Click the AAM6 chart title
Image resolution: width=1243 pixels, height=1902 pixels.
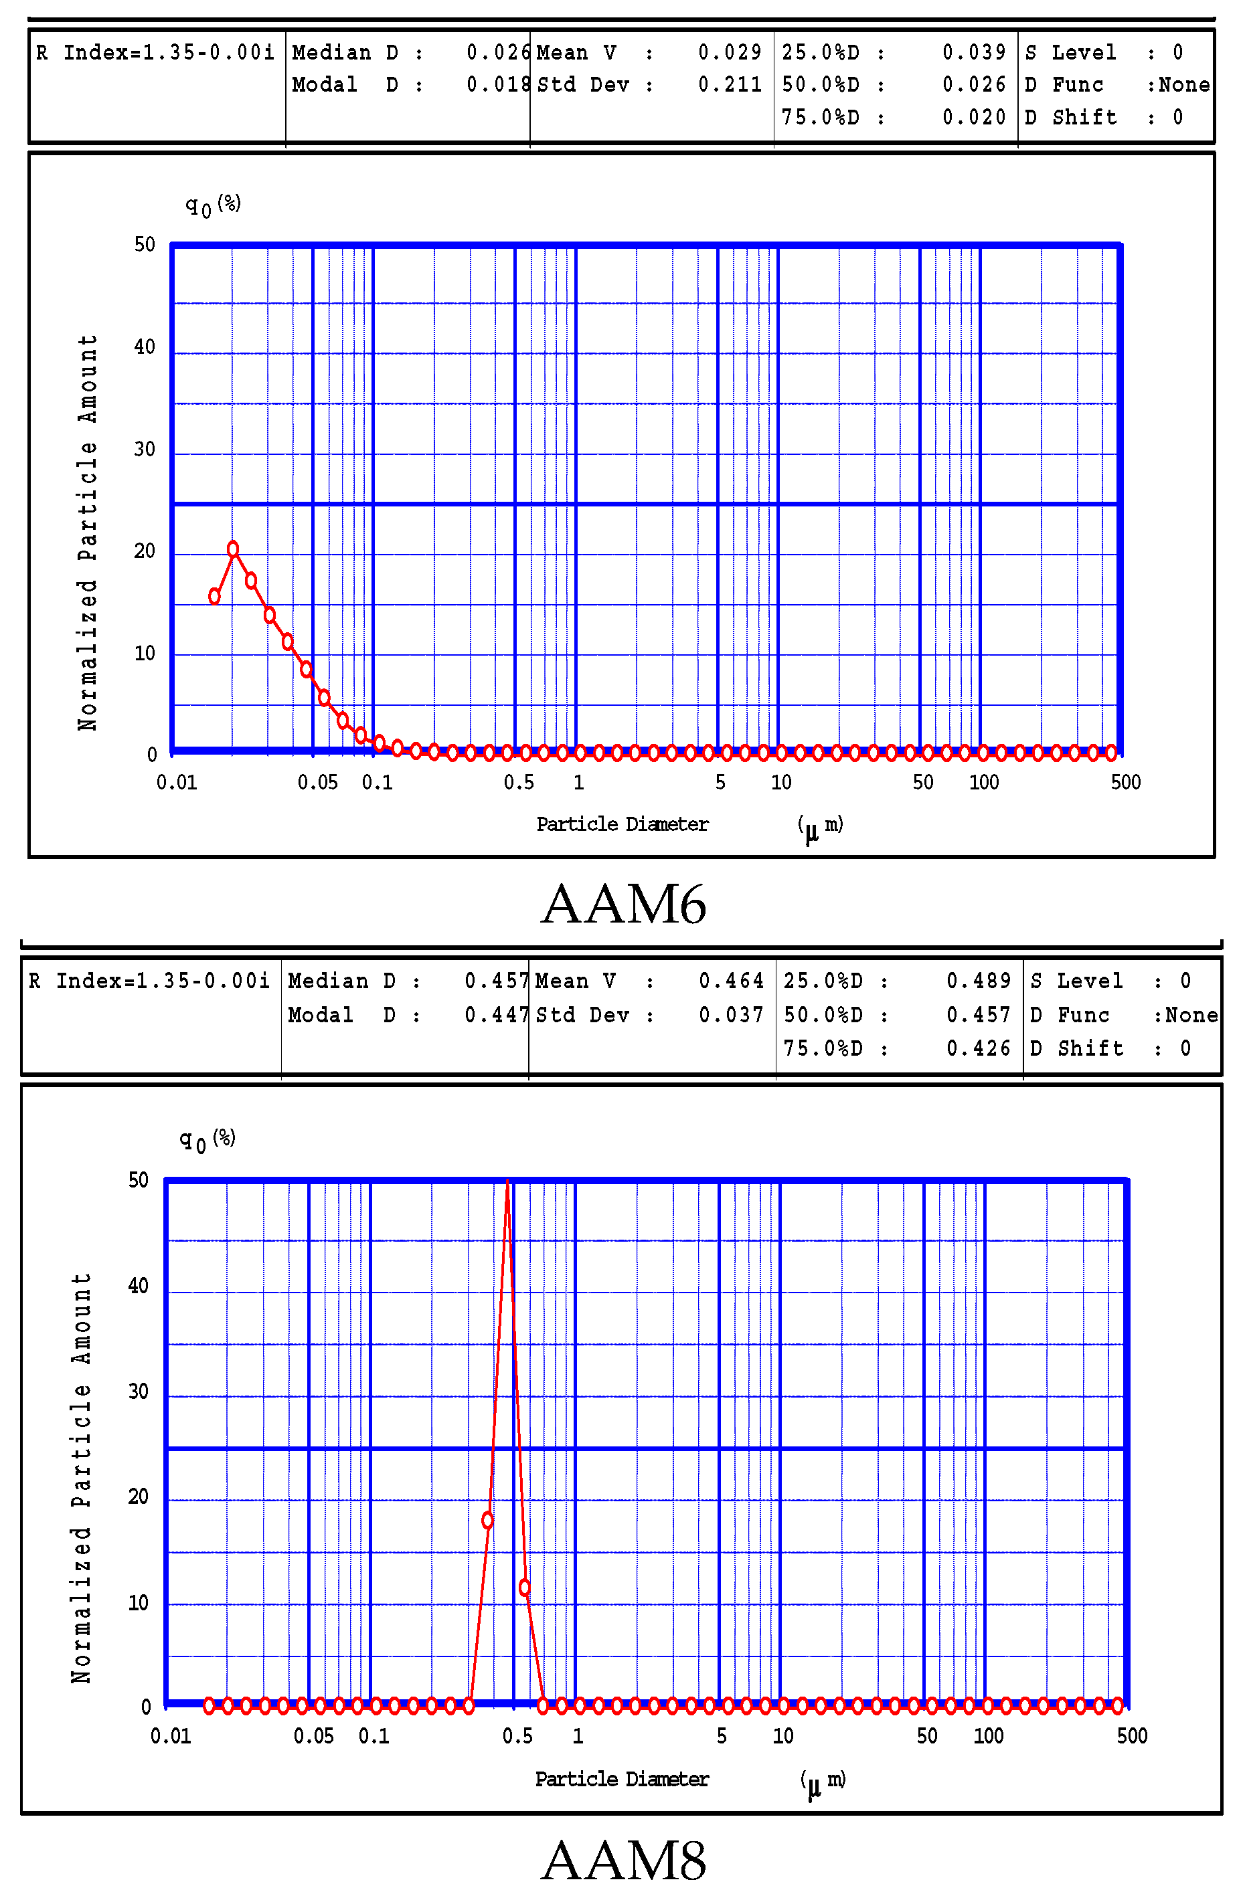(x=623, y=904)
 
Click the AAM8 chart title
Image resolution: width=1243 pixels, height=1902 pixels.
(x=623, y=1861)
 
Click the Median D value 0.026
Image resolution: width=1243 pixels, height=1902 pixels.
(x=498, y=53)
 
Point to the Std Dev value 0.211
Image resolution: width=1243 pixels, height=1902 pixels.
(x=730, y=85)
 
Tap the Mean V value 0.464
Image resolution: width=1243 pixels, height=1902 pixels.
(x=731, y=981)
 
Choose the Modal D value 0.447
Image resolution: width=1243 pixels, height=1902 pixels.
(x=495, y=1015)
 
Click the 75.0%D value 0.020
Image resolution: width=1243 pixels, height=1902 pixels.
(x=974, y=118)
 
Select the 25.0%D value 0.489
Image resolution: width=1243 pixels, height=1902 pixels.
(x=979, y=981)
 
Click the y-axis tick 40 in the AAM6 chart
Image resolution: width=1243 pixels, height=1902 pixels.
(x=145, y=347)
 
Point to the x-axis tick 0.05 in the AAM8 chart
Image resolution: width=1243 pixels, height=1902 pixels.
(x=313, y=1736)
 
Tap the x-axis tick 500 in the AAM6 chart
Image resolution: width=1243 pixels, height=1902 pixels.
(x=1125, y=782)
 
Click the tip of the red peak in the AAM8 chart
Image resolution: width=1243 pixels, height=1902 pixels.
(x=507, y=1182)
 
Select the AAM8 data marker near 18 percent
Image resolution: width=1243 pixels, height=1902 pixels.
(x=487, y=1520)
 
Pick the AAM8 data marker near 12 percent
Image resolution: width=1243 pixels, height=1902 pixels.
(x=524, y=1587)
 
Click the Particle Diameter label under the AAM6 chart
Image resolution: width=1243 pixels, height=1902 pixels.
(x=622, y=824)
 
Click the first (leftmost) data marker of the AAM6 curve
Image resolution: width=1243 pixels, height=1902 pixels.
(x=214, y=596)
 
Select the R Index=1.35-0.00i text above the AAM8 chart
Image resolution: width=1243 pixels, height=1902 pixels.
(x=149, y=981)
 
